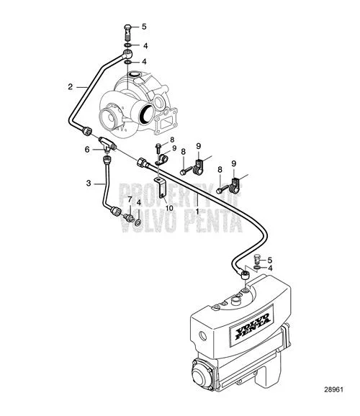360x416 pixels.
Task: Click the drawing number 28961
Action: pyautogui.click(x=333, y=389)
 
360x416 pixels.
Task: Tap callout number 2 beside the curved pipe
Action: pyautogui.click(x=70, y=87)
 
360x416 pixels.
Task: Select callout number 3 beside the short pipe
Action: pyautogui.click(x=89, y=184)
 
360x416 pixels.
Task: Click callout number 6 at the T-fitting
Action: pyautogui.click(x=87, y=150)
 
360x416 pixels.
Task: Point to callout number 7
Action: pyautogui.click(x=130, y=199)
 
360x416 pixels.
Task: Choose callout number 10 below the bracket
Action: pyautogui.click(x=169, y=208)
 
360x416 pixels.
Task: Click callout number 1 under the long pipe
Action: pyautogui.click(x=197, y=211)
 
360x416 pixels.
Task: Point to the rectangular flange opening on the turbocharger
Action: pyautogui.click(x=166, y=123)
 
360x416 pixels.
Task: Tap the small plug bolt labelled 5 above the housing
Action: pyautogui.click(x=257, y=258)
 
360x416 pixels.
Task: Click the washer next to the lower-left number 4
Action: pyautogui.click(x=138, y=222)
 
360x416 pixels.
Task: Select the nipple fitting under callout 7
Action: pyautogui.click(x=128, y=217)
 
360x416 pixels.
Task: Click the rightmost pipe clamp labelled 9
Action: pyautogui.click(x=234, y=185)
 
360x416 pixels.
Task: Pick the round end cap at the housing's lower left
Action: pyautogui.click(x=201, y=376)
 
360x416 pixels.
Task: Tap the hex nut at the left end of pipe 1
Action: pyautogui.click(x=142, y=162)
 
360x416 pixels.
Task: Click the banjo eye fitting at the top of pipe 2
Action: pyautogui.click(x=128, y=53)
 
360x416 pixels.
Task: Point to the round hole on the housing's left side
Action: pyautogui.click(x=203, y=336)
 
